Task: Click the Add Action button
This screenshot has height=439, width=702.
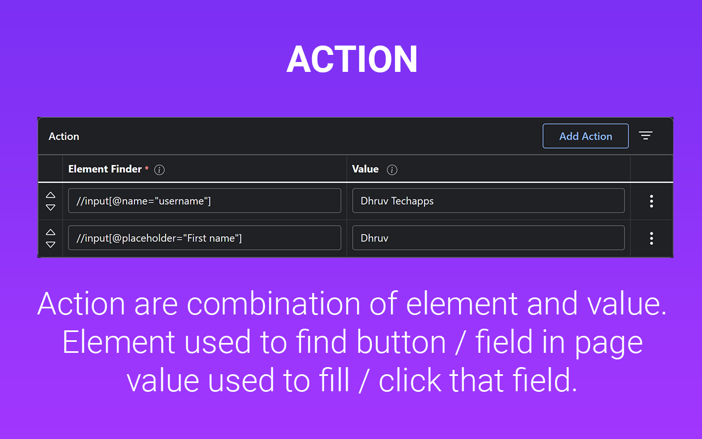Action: (585, 136)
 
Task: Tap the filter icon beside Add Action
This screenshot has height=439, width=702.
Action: (646, 136)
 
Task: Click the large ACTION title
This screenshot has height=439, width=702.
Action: (352, 59)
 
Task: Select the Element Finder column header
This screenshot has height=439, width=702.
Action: (105, 169)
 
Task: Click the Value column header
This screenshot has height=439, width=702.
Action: (365, 169)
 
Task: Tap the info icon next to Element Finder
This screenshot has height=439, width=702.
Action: (159, 170)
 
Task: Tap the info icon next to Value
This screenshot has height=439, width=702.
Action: (392, 170)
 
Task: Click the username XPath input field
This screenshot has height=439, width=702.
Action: (205, 201)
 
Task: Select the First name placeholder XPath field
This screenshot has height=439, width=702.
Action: (205, 238)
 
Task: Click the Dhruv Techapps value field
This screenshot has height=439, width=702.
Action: (488, 201)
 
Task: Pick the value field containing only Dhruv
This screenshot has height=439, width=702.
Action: (488, 238)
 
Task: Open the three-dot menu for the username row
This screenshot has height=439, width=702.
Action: (652, 201)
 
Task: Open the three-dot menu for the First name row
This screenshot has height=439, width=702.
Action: (652, 238)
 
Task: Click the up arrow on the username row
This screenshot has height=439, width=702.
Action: (50, 195)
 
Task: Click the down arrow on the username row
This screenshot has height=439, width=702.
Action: (50, 207)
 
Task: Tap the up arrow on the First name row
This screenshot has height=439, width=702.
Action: (50, 232)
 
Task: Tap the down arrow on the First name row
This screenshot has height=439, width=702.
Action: (50, 244)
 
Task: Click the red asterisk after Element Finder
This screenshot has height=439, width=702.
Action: (146, 168)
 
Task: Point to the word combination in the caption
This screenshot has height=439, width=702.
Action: (274, 303)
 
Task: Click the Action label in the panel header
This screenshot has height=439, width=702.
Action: (64, 137)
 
